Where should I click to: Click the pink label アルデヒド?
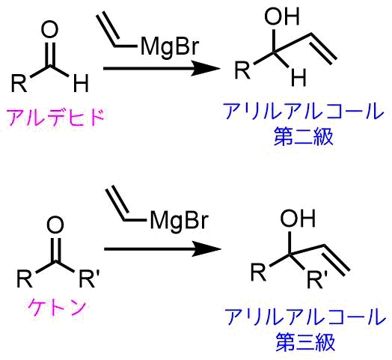click(x=55, y=118)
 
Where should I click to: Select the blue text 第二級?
click(x=304, y=137)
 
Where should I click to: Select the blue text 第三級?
click(x=305, y=342)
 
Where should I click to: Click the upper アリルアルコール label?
click(x=304, y=112)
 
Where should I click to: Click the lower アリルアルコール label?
click(x=305, y=317)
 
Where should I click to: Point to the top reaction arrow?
click(x=162, y=68)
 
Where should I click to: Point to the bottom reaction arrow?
click(x=162, y=249)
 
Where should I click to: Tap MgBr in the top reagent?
click(x=170, y=47)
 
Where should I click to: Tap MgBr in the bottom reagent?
click(x=180, y=221)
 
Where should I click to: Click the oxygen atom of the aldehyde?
click(x=50, y=29)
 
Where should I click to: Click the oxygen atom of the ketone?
click(x=55, y=225)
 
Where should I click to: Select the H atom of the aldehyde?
click(x=81, y=83)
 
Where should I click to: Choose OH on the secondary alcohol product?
click(x=282, y=16)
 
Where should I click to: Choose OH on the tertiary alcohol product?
click(x=298, y=219)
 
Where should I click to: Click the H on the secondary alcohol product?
click(x=298, y=77)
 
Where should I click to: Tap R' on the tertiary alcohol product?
click(x=317, y=279)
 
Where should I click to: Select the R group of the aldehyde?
click(x=19, y=83)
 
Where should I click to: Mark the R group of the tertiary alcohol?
click(x=259, y=272)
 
